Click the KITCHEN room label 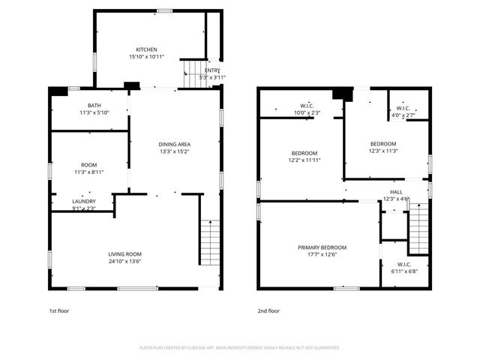146,49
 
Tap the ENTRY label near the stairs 212,70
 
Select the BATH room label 94,106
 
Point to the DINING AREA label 173,144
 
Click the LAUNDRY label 83,201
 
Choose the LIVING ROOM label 124,254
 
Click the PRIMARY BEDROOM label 322,247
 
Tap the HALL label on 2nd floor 396,192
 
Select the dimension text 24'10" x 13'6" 124,262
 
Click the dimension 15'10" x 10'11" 146,57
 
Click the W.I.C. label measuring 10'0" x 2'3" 307,106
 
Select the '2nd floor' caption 268,310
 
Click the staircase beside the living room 211,244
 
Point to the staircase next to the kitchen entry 193,75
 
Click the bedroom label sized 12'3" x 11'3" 383,144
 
